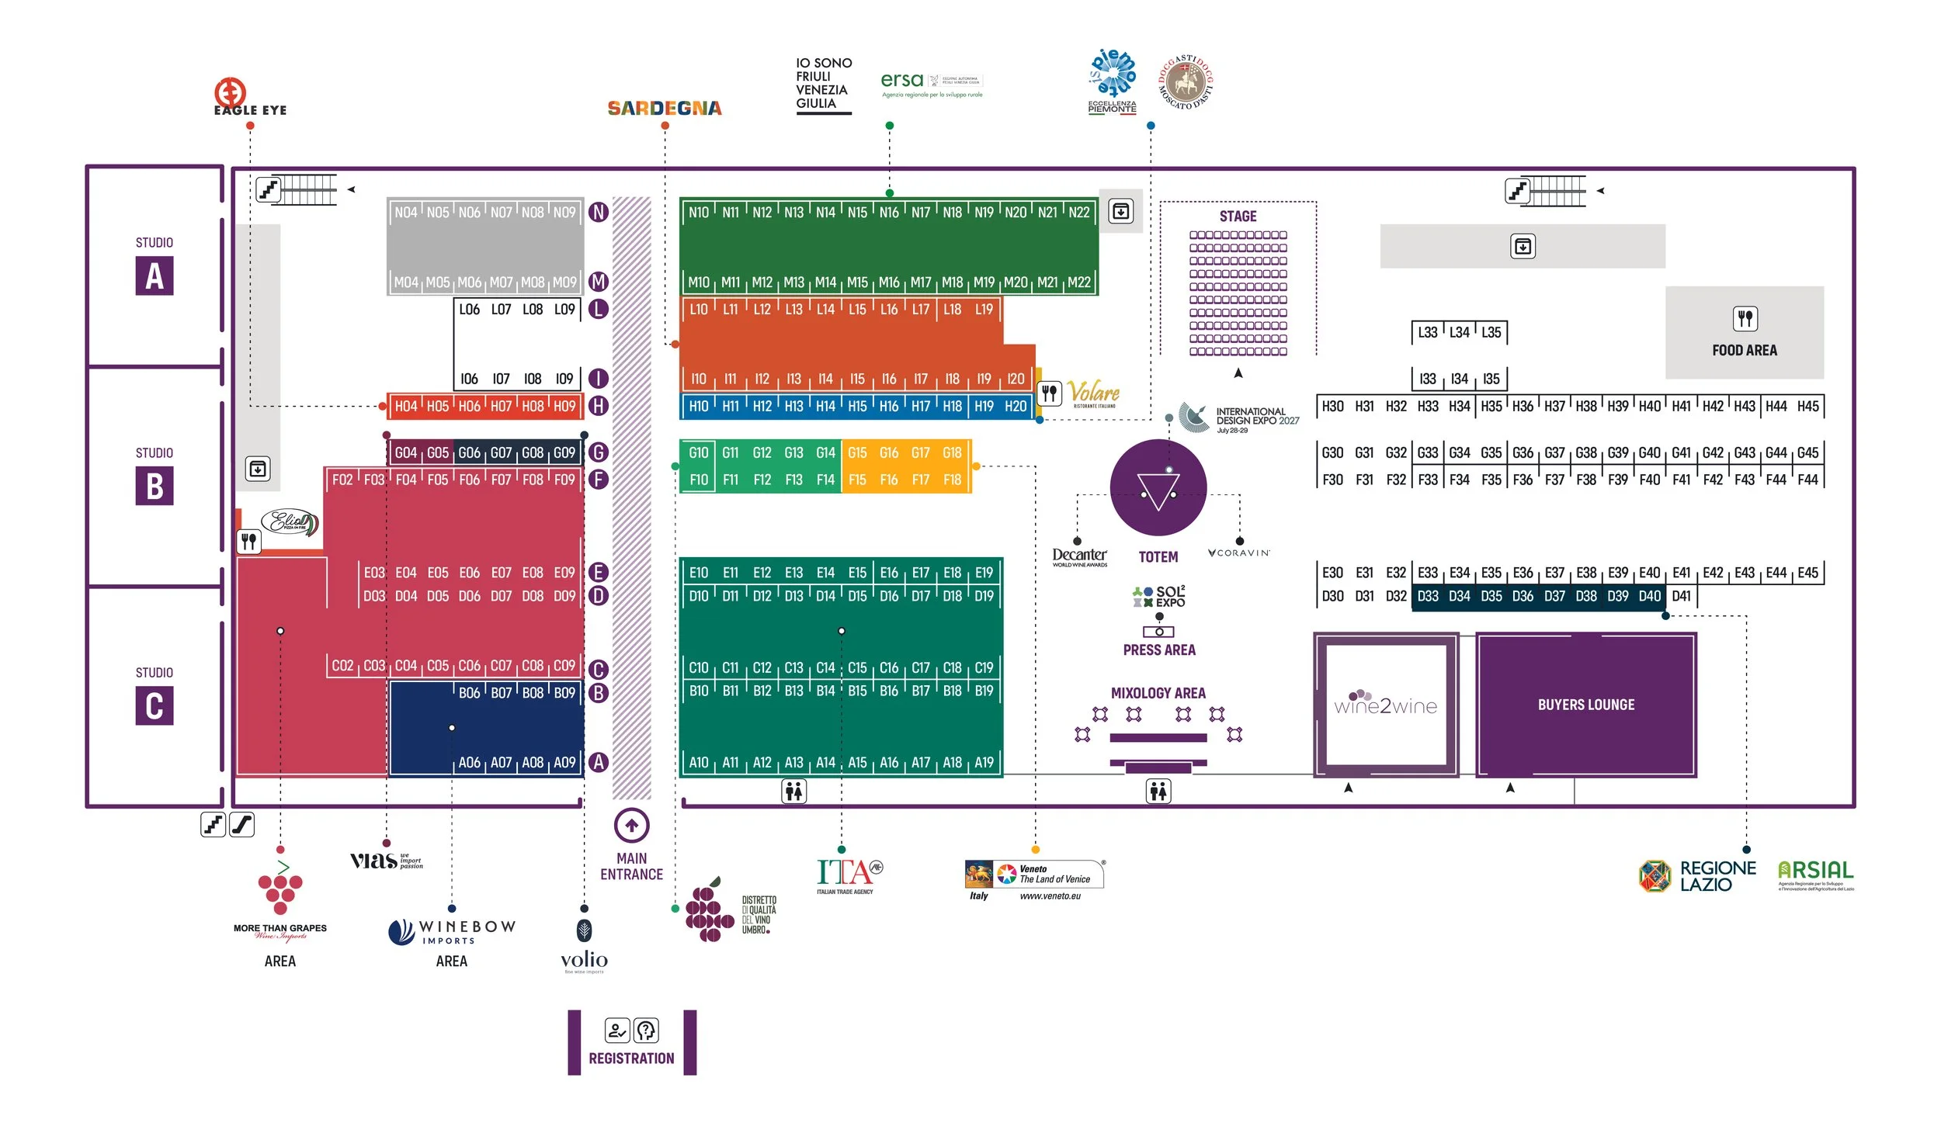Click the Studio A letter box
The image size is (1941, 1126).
(x=155, y=276)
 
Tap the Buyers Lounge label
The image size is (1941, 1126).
(x=1586, y=705)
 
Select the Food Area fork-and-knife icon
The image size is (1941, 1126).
(x=1745, y=318)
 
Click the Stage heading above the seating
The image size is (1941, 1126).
(x=1238, y=217)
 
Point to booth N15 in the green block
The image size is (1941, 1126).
(x=857, y=213)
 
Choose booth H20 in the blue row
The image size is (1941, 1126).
(x=1016, y=406)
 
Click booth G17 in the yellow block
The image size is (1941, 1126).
(x=920, y=452)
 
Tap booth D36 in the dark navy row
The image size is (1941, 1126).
(x=1523, y=596)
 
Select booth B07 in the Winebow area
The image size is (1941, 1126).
(x=501, y=693)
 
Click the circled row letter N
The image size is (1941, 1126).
(x=599, y=212)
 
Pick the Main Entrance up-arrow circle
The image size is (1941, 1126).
(x=631, y=825)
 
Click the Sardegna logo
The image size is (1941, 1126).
(x=665, y=108)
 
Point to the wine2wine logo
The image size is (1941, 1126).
(x=1386, y=705)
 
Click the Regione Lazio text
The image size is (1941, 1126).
(x=1717, y=876)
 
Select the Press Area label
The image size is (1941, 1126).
(x=1159, y=650)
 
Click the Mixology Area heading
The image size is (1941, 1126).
(x=1158, y=693)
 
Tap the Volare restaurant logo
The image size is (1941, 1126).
(x=1093, y=393)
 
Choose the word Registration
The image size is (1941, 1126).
(x=631, y=1058)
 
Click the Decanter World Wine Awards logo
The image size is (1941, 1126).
(x=1079, y=556)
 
